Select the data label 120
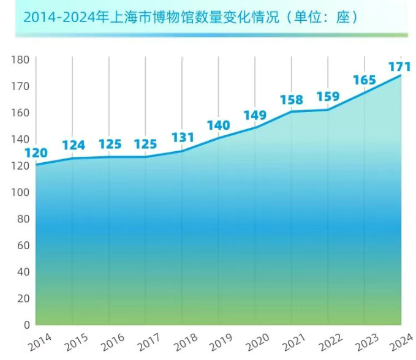[x=36, y=153]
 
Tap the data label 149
[x=254, y=115]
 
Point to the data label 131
[x=182, y=137]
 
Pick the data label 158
[x=292, y=99]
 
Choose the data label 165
[x=365, y=80]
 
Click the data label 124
[x=73, y=146]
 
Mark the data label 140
[x=218, y=126]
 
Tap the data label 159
[x=328, y=97]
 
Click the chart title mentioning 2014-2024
[x=191, y=17]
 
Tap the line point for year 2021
[x=292, y=111]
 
